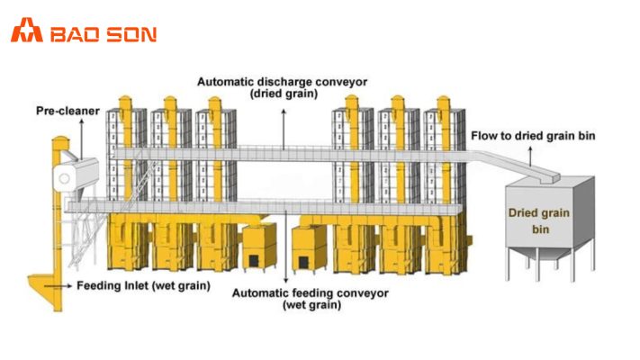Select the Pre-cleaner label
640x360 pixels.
coord(66,111)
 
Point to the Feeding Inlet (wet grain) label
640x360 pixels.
coord(143,286)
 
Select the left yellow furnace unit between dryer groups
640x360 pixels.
coord(258,247)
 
